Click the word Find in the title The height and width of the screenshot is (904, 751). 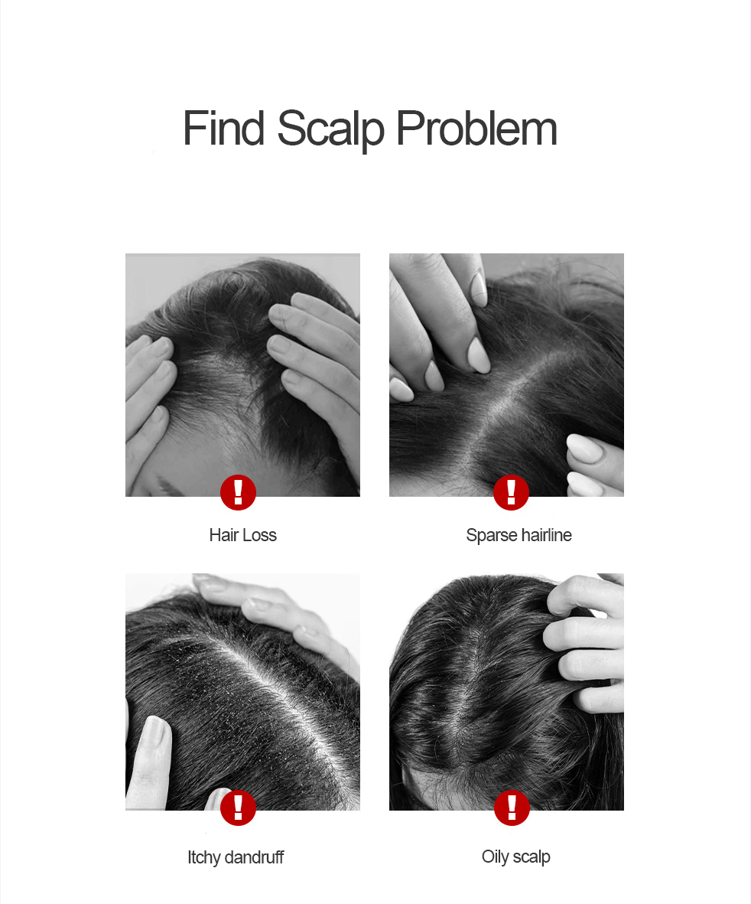pos(223,128)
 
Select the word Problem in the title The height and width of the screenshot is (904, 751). pos(477,128)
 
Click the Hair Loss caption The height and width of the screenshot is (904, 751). pos(243,535)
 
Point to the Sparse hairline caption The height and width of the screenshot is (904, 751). pos(519,536)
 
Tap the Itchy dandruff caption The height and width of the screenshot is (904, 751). pos(236,857)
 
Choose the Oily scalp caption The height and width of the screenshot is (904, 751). pos(516,857)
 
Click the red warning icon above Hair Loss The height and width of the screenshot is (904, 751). pos(238,492)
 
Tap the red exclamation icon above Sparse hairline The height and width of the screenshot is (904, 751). pos(511,492)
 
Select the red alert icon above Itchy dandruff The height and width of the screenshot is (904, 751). pos(238,807)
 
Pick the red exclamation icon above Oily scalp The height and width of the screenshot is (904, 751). pos(512,807)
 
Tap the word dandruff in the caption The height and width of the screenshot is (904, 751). pos(254,857)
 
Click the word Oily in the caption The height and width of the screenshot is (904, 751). pos(495,857)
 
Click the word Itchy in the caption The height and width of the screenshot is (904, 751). pos(204,858)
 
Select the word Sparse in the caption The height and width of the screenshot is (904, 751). pos(492,536)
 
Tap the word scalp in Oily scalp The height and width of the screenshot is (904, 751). pos(531,857)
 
